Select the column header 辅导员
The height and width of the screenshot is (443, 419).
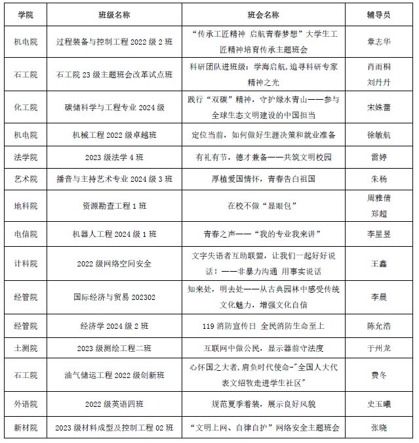pyautogui.click(x=379, y=14)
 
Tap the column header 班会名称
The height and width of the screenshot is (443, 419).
pyautogui.click(x=264, y=14)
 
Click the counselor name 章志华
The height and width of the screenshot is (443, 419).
pyautogui.click(x=379, y=41)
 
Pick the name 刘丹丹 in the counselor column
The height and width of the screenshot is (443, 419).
pyautogui.click(x=379, y=83)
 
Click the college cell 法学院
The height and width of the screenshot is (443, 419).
pyautogui.click(x=26, y=158)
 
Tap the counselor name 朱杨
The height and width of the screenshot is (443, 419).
pyautogui.click(x=379, y=179)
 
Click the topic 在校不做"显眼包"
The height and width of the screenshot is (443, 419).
pyautogui.click(x=264, y=205)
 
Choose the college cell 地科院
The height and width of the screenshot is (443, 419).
pyautogui.click(x=26, y=205)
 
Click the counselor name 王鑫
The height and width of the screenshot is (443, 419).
pyautogui.click(x=379, y=263)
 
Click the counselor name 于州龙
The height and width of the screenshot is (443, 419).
pyautogui.click(x=379, y=348)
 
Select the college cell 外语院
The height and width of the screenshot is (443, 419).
pyautogui.click(x=26, y=403)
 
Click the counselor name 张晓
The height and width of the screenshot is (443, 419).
pyautogui.click(x=379, y=428)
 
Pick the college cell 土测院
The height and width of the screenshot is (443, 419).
pyautogui.click(x=26, y=348)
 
